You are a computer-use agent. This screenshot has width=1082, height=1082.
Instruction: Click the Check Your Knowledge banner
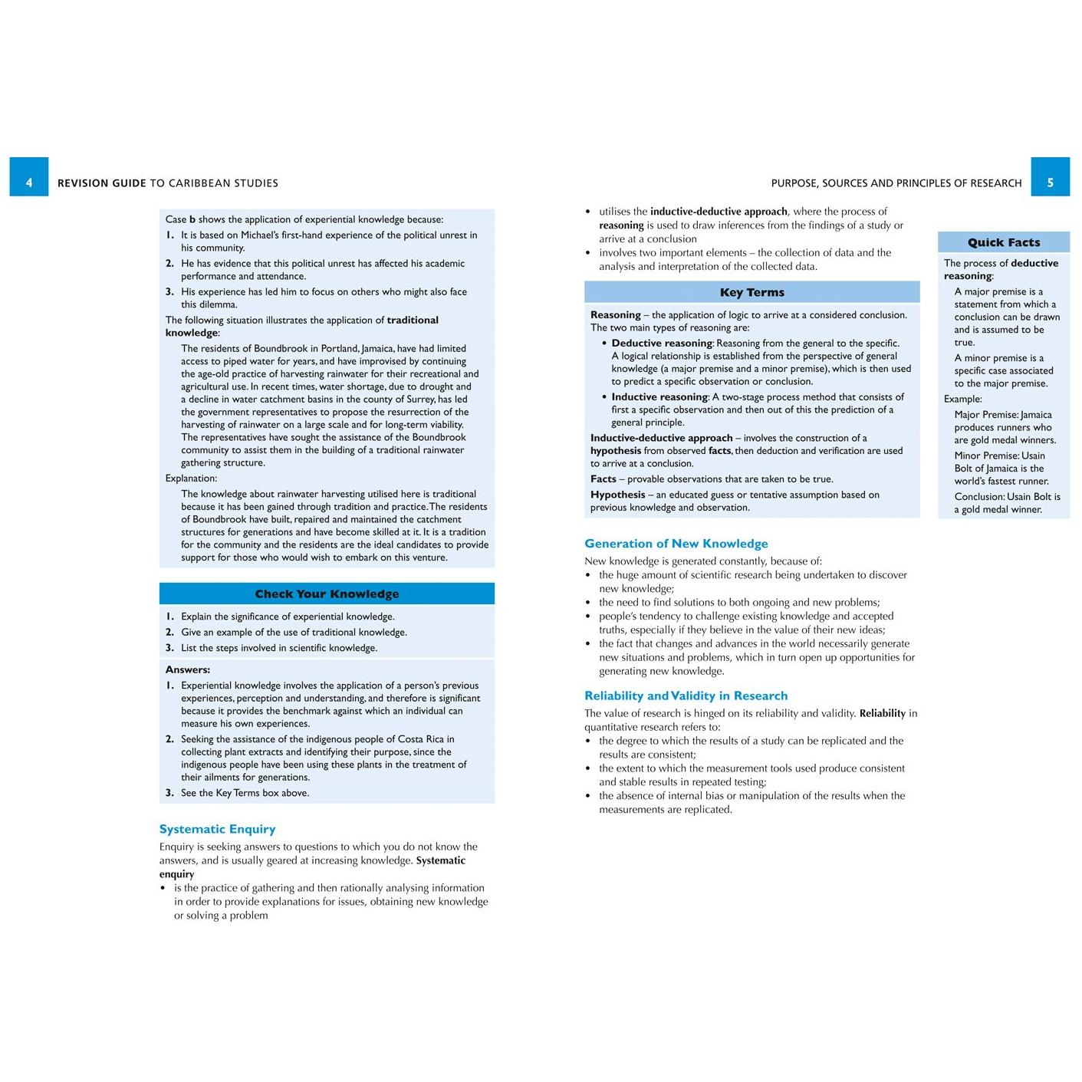[327, 594]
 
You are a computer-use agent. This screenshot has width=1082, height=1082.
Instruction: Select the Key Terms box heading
[751, 292]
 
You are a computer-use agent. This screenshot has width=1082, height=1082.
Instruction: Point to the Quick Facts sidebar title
[1003, 242]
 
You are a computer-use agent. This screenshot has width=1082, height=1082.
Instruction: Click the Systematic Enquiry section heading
[217, 829]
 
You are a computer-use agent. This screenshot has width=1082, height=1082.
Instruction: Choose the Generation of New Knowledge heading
[676, 544]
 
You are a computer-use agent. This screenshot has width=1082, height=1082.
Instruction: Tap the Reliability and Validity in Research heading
[686, 696]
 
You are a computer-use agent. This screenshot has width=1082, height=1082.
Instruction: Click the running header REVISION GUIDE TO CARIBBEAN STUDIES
[168, 183]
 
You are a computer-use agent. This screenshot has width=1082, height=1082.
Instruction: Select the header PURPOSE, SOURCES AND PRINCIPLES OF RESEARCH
[896, 183]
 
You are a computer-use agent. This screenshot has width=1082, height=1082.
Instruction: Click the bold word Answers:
[188, 669]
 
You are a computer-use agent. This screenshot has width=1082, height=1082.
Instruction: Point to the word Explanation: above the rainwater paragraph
[191, 479]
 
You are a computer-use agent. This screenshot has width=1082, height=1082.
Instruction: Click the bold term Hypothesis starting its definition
[617, 495]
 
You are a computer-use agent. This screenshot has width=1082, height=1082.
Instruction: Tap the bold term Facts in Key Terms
[603, 479]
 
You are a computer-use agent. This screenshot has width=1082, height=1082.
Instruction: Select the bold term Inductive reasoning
[659, 397]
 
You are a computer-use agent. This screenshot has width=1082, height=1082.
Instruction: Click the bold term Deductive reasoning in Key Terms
[662, 344]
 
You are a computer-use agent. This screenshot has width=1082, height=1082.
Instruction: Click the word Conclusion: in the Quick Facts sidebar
[979, 497]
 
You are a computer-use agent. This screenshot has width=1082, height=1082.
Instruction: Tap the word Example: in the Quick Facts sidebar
[962, 399]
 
